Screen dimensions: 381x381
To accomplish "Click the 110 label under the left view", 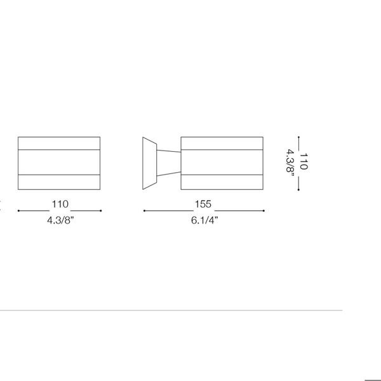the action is tap(60, 204).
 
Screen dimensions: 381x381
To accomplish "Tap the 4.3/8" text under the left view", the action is tap(60, 220).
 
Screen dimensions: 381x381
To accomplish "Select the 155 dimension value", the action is tap(203, 204).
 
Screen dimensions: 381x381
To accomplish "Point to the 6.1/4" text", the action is tap(204, 220).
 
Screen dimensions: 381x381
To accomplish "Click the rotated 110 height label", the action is tap(304, 161).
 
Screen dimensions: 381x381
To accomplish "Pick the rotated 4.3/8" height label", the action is tap(290, 161).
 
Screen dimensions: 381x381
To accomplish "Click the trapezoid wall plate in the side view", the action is tap(150, 163).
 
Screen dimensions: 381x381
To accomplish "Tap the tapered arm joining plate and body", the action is tap(169, 163).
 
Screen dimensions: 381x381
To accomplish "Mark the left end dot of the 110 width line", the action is tap(18, 211).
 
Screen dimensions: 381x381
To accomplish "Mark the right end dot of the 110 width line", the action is tap(101, 211).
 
